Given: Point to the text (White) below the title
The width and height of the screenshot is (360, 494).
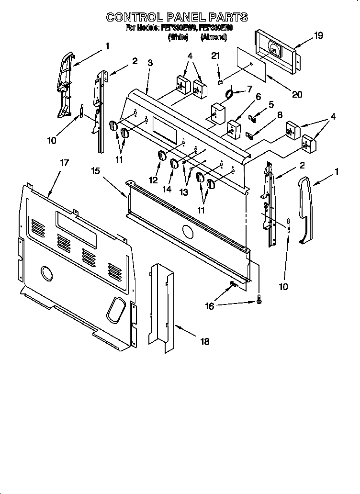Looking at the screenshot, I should tap(177, 36).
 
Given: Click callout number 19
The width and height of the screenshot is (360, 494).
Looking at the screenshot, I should tap(305, 35).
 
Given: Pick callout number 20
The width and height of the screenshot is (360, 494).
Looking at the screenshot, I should tap(297, 94).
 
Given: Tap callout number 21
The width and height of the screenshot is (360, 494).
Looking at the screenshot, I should tap(216, 56).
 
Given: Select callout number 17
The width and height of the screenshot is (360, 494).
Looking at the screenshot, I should tap(64, 163).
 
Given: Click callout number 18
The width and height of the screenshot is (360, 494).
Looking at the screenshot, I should tap(204, 341).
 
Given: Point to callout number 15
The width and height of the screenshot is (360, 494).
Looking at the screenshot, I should tap(96, 170).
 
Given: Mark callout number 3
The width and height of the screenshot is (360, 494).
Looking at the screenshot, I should tap(150, 62).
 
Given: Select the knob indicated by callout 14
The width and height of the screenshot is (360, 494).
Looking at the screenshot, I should tap(174, 163).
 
